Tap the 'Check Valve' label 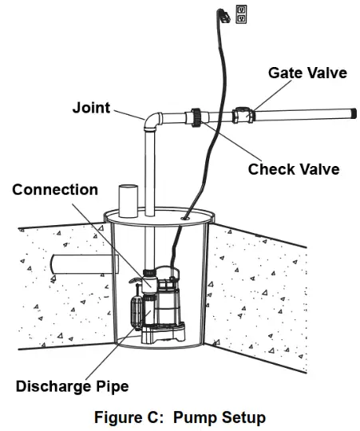point(293,168)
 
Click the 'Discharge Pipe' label point(72,386)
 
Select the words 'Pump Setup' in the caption point(216,417)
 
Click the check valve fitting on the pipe point(196,117)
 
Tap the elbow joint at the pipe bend point(153,121)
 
